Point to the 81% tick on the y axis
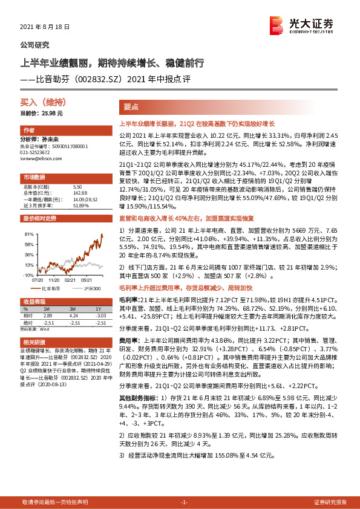(x=28, y=233)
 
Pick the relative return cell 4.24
(x=74, y=315)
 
